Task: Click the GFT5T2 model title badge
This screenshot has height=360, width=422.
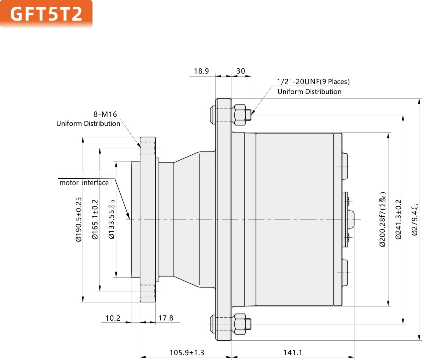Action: click(46, 14)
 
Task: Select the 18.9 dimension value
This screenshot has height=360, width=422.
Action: click(201, 71)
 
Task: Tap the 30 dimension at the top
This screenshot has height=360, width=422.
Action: click(240, 71)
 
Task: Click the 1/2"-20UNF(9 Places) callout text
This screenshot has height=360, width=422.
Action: click(313, 82)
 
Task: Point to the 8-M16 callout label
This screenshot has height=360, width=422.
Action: click(105, 114)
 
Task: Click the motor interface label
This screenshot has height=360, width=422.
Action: click(84, 183)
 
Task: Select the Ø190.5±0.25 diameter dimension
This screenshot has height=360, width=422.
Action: click(78, 219)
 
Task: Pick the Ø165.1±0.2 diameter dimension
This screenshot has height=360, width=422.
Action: click(95, 219)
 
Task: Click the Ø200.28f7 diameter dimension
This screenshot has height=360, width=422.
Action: click(383, 219)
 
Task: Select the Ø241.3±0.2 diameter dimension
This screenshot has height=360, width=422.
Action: click(398, 219)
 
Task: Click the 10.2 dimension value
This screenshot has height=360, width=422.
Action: click(113, 318)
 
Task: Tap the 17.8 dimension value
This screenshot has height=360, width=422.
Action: click(166, 318)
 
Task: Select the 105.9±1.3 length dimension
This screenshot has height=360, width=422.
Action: click(187, 352)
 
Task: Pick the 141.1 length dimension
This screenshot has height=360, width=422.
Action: click(293, 352)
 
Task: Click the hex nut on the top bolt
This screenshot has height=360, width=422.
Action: click(239, 115)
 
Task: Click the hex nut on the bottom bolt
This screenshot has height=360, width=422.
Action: click(239, 323)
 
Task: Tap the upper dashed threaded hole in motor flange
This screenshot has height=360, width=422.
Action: click(148, 148)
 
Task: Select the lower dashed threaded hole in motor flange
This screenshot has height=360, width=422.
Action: click(148, 291)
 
